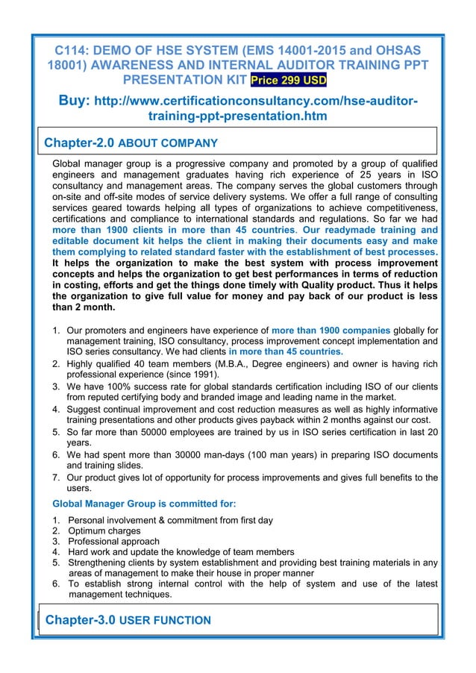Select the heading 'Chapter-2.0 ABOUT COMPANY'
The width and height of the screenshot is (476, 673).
pos(131,142)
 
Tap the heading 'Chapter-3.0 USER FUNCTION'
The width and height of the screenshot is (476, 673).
pos(128,620)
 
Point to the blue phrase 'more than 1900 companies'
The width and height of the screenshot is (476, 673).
pos(331,330)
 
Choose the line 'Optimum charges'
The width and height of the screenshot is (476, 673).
pos(104,530)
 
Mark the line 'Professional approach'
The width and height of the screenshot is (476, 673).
pos(113,541)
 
